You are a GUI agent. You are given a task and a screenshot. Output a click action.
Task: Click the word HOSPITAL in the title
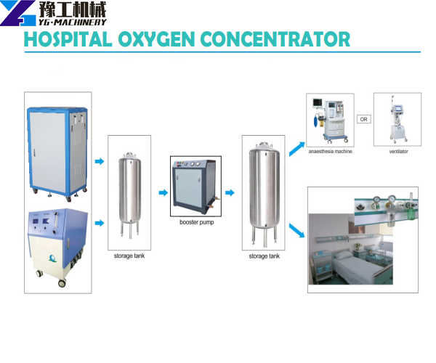tap(68, 39)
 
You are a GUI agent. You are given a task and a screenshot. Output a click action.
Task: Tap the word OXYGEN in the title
tap(156, 39)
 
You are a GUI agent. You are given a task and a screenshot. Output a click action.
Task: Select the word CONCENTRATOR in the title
tap(275, 39)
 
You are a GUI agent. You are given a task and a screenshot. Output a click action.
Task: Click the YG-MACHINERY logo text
tap(72, 23)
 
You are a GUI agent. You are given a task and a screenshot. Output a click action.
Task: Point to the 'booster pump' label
tap(197, 222)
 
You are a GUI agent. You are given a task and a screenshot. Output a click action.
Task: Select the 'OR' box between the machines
tap(364, 119)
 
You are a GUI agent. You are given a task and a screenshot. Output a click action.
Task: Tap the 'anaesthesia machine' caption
tap(331, 151)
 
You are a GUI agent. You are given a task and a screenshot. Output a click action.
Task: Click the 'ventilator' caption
tap(398, 151)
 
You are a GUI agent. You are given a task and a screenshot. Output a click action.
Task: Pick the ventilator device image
tap(398, 119)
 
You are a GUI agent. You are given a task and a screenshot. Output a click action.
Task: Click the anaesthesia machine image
tap(331, 121)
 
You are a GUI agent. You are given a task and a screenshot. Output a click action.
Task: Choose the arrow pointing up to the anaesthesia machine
tap(296, 149)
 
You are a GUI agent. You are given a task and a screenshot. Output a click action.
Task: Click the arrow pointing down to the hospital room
tap(296, 231)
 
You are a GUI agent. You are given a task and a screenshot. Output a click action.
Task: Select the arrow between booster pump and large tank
tap(230, 192)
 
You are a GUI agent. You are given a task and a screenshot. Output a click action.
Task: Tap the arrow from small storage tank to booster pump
tap(163, 192)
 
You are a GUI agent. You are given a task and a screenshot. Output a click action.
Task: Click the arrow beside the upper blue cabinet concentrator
tap(100, 161)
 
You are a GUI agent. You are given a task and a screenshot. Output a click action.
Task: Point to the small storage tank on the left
tap(129, 195)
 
